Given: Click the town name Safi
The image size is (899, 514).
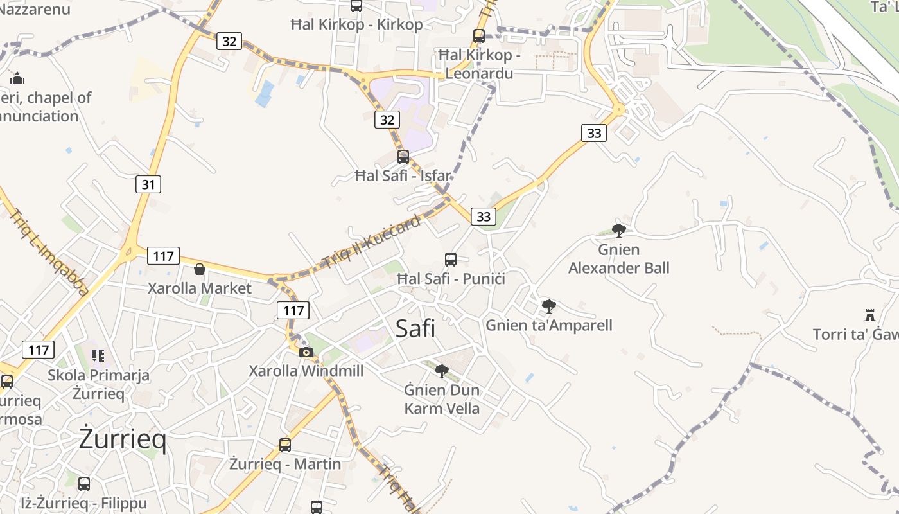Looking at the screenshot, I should click(x=415, y=328).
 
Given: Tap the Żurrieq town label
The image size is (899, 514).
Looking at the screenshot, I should click(x=123, y=439).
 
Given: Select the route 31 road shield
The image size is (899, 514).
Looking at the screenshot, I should click(x=148, y=184).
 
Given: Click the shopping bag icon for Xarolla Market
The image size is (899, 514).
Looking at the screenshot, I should click(x=200, y=269).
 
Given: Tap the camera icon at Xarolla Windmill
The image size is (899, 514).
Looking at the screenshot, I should click(x=306, y=351).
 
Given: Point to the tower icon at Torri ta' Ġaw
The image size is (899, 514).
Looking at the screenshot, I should click(x=870, y=315).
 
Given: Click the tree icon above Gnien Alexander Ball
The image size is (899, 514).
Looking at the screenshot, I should click(x=619, y=230).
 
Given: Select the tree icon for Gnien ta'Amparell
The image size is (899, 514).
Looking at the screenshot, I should click(x=548, y=306).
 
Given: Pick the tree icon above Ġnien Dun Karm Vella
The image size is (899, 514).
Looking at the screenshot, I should click(x=441, y=371).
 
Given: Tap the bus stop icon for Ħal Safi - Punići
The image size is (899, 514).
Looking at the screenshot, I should click(x=451, y=260).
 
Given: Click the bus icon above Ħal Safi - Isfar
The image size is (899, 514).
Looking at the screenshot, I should click(x=403, y=156).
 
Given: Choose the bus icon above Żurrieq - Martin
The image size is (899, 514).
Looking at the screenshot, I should click(x=285, y=445).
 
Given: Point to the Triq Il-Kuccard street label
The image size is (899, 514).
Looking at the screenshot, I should click(x=372, y=241).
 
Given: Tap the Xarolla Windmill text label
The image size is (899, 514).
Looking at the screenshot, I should click(x=306, y=371).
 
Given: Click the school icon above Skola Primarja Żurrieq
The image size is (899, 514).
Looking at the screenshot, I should click(x=98, y=355).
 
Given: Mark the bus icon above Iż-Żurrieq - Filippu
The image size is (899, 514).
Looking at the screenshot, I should click(x=84, y=483).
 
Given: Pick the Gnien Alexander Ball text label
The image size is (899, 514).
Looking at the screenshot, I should click(x=619, y=258).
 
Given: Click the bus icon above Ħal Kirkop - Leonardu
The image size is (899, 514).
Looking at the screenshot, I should click(x=479, y=36).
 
